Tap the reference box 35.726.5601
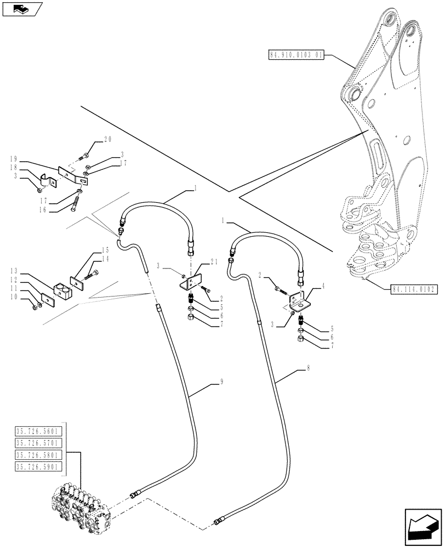[40, 430]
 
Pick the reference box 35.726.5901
[40, 466]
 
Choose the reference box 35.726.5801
[40, 455]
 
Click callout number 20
[107, 140]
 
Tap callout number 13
[13, 271]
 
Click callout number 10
[13, 297]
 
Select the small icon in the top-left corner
[20, 8]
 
